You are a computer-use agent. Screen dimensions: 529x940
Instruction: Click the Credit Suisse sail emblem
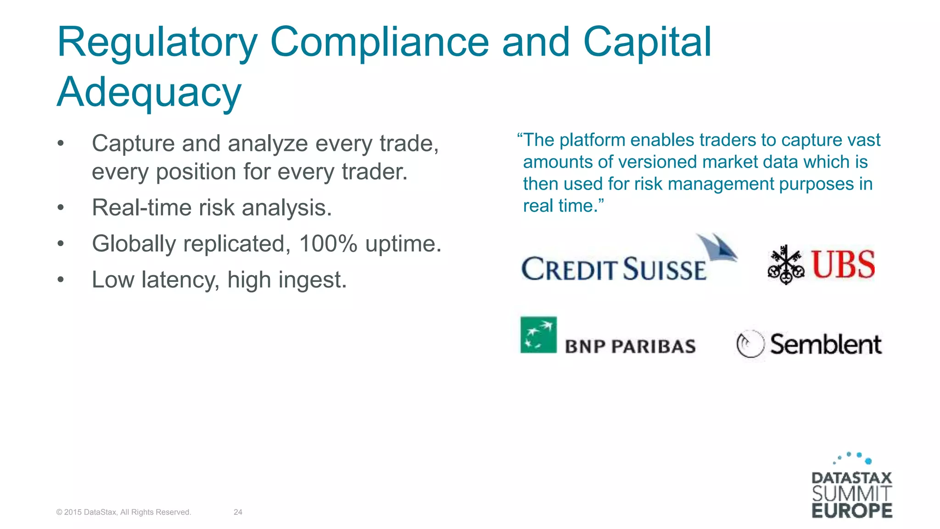(716, 248)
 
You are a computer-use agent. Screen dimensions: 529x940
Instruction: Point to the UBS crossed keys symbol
(786, 265)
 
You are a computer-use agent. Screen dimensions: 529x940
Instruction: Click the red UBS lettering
(843, 265)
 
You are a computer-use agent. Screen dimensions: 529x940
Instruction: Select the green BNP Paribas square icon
(538, 335)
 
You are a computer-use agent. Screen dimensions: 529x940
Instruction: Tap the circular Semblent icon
(750, 344)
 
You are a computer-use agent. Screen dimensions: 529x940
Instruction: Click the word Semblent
(826, 344)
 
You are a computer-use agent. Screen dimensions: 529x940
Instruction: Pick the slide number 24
(238, 512)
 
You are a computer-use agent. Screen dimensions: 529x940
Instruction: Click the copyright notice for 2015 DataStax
(123, 512)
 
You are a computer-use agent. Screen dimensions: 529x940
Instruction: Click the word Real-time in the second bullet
(142, 208)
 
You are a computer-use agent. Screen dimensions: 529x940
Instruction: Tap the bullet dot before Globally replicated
(61, 244)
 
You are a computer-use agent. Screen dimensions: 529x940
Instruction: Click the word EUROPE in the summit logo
(852, 511)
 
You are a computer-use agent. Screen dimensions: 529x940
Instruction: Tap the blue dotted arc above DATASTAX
(853, 457)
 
